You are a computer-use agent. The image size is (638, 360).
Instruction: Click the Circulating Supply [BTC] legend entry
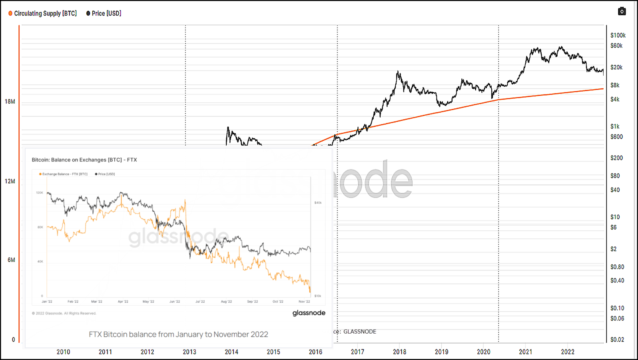[x=43, y=13]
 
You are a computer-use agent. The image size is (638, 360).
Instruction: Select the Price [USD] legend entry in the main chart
[x=104, y=13]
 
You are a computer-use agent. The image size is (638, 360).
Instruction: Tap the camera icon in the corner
[x=622, y=11]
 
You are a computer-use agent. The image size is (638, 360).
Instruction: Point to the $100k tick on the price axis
[x=618, y=36]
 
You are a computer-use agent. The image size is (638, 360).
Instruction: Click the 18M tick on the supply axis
[x=10, y=102]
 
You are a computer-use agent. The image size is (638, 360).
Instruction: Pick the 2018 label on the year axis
[x=399, y=352]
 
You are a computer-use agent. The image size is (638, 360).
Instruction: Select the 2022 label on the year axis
[x=567, y=352]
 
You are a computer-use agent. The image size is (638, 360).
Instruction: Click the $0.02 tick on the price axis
[x=617, y=340]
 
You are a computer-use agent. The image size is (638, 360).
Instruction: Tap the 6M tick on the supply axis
[x=11, y=260]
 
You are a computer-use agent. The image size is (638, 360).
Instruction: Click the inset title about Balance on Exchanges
[x=84, y=160]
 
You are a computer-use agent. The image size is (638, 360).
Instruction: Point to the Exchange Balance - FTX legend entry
[x=63, y=174]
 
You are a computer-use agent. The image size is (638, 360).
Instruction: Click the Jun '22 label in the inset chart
[x=174, y=302]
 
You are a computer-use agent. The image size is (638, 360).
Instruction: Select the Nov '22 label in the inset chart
[x=304, y=302]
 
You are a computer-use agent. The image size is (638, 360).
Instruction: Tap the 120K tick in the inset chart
[x=40, y=193]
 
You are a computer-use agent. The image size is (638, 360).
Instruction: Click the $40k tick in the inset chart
[x=318, y=203]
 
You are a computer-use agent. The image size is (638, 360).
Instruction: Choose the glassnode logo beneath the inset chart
[x=309, y=313]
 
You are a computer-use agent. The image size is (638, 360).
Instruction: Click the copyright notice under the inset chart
[x=64, y=313]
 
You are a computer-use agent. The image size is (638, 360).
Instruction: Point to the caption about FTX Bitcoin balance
[x=178, y=334]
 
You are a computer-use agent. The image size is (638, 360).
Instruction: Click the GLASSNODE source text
[x=359, y=332]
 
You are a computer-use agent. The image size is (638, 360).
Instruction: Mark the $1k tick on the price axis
[x=615, y=126]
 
